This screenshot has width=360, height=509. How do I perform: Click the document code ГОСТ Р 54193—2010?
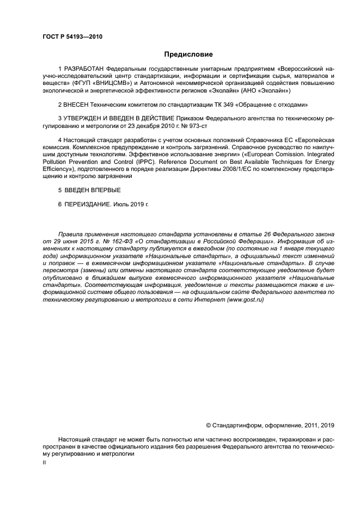72,37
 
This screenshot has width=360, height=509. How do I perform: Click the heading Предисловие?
188,54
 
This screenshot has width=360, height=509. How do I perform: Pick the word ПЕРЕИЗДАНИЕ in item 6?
88,204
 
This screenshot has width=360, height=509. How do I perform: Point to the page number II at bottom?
45,462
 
